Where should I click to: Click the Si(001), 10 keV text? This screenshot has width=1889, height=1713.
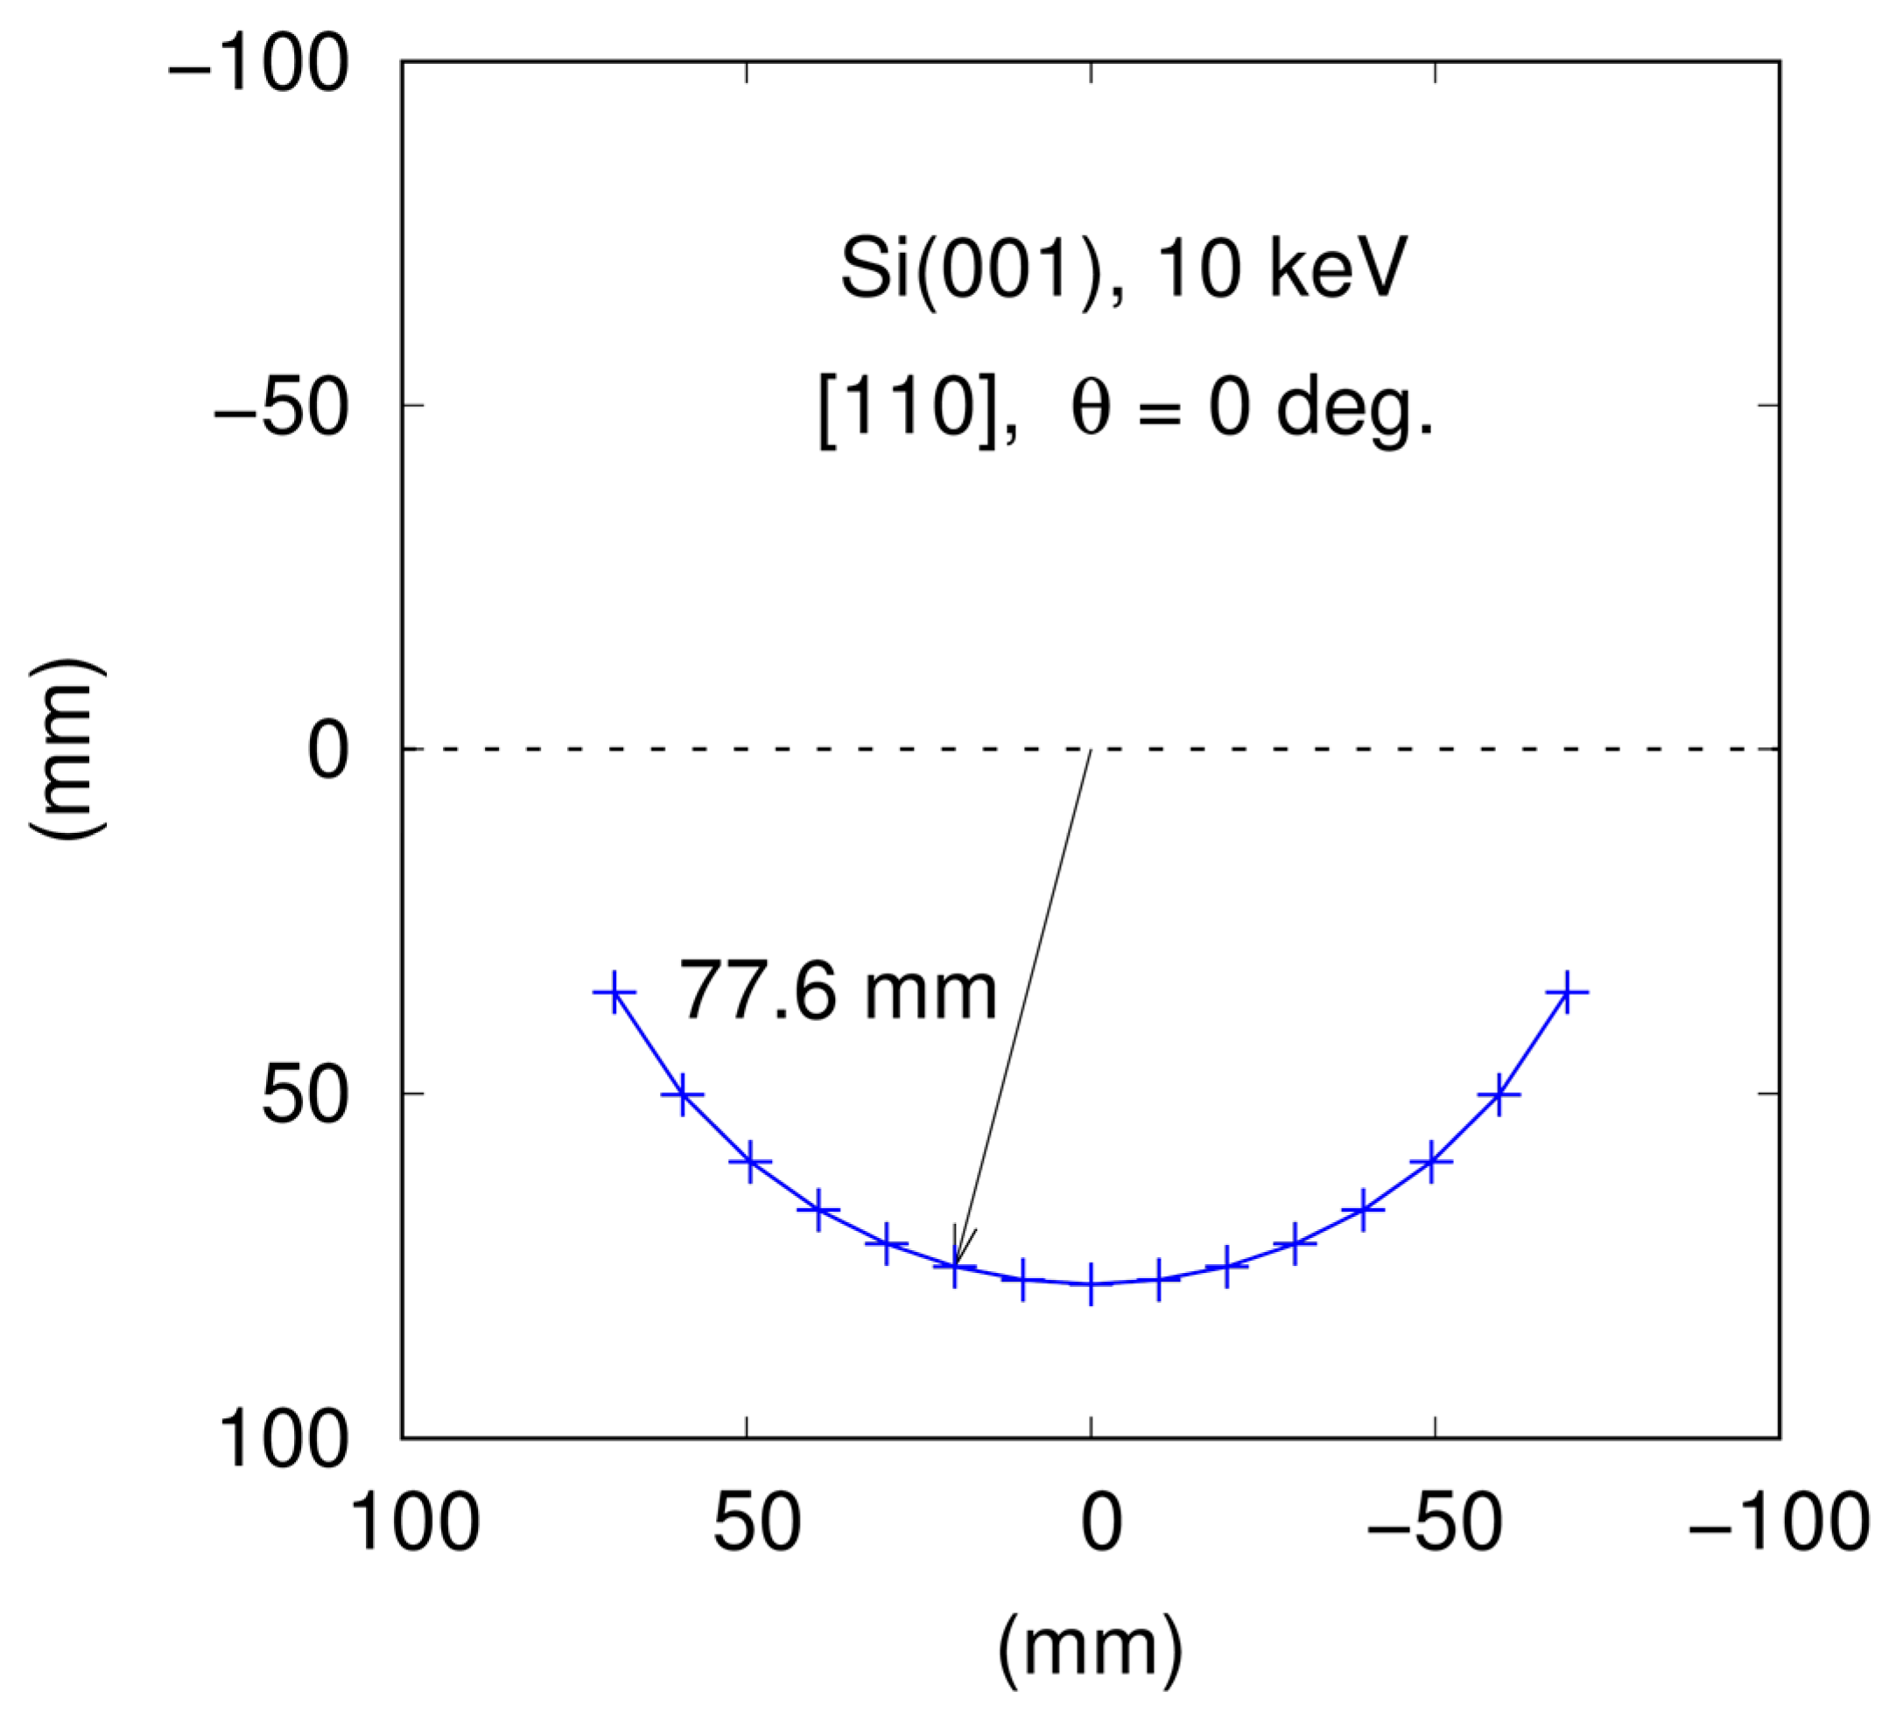pos(1122,269)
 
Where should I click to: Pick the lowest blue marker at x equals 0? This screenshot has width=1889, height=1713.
pos(1091,1284)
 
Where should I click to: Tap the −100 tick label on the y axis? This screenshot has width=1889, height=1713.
pos(257,66)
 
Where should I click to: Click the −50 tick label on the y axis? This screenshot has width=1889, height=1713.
pos(280,410)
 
